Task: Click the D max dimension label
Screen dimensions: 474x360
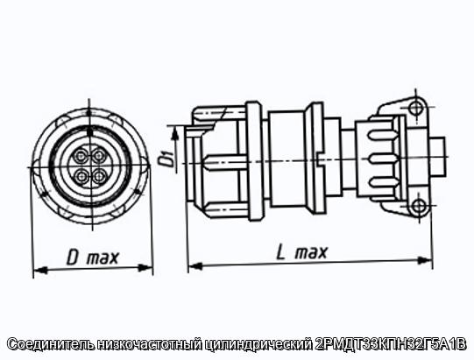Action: [x=93, y=258]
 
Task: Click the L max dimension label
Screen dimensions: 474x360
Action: [x=301, y=252]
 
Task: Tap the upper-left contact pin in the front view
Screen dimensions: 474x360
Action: [x=81, y=156]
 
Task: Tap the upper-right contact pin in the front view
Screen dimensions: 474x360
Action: [x=100, y=156]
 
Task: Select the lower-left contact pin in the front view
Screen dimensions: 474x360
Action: [x=81, y=176]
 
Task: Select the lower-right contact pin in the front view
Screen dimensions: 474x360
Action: [x=100, y=176]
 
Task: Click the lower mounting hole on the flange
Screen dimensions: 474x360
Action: [x=420, y=206]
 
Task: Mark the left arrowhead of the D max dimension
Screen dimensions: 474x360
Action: [x=40, y=270]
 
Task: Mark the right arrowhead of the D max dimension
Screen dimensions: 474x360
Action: [x=145, y=268]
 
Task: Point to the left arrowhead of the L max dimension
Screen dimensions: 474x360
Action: [x=195, y=266]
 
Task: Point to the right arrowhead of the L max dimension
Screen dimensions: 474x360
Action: [x=424, y=260]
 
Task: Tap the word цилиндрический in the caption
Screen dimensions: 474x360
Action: [x=259, y=344]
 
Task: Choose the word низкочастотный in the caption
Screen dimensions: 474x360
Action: [x=149, y=344]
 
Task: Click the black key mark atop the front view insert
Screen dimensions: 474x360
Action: [x=89, y=131]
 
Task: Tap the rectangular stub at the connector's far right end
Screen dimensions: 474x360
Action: [x=438, y=157]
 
